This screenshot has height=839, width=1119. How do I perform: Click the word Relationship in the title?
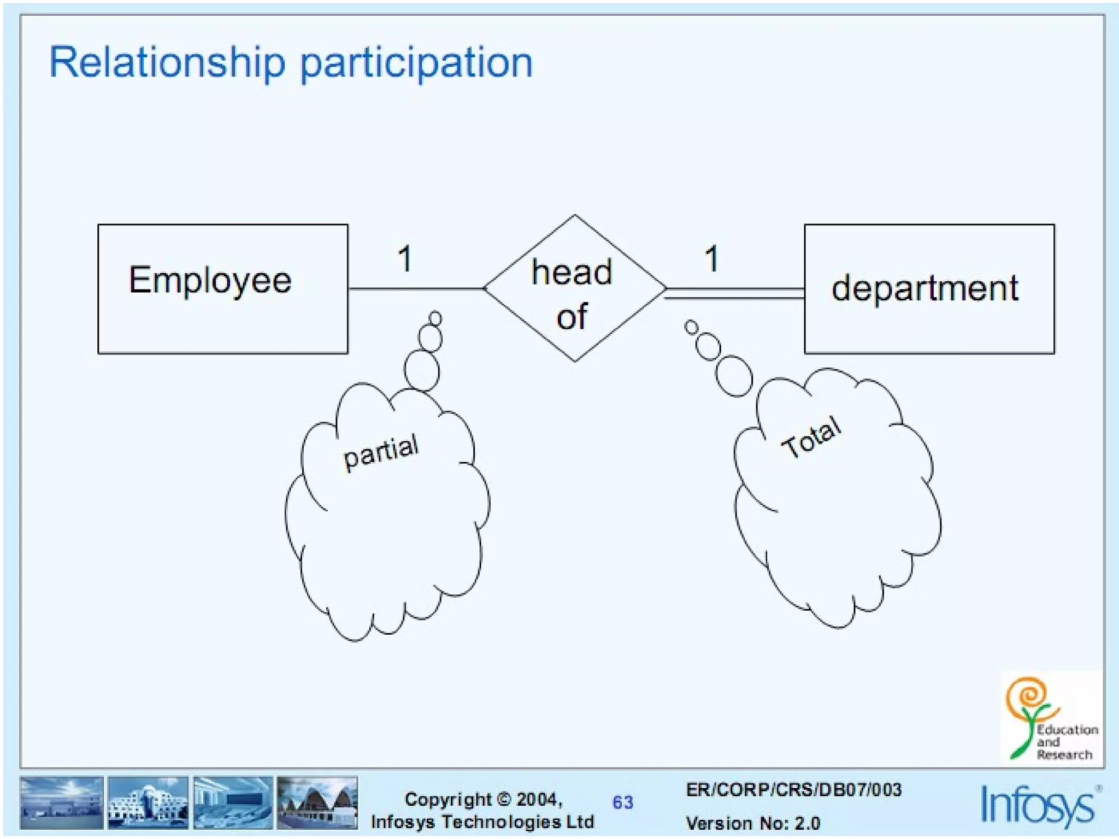167,62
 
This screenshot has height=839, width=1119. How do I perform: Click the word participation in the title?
416,63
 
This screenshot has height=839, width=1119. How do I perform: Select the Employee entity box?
222,288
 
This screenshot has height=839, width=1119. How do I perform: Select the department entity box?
929,288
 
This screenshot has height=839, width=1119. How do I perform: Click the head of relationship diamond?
574,288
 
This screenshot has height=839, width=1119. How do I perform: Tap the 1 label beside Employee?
404,258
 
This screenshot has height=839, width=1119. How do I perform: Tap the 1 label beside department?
711,258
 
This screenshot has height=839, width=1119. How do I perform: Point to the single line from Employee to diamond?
415,288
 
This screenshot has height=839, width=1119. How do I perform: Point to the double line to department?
735,293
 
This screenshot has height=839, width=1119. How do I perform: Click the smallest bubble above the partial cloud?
435,318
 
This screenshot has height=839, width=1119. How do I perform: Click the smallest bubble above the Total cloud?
691,327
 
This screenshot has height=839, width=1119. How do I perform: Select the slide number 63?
622,802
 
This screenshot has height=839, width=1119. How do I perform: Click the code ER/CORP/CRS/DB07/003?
793,789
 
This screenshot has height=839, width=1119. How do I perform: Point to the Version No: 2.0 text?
752,823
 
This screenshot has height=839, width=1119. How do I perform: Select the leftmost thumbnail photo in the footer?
61,802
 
